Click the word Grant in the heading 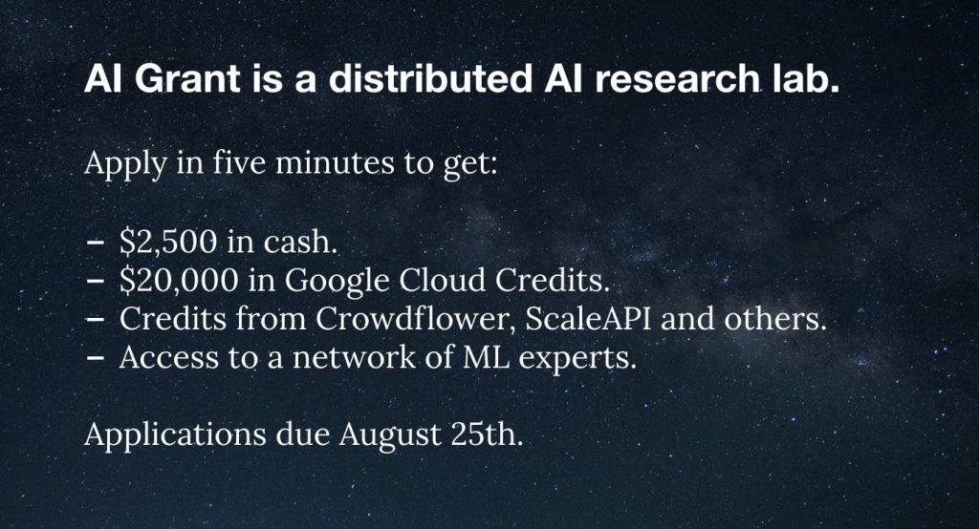[x=186, y=79]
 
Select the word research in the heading [x=678, y=79]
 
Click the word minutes [x=335, y=163]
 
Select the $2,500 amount [x=168, y=242]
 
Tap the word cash [x=300, y=242]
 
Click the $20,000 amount [x=179, y=280]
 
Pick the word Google [x=337, y=282]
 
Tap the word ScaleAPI [x=588, y=319]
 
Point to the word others [x=774, y=319]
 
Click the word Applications [x=175, y=435]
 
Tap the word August [x=390, y=435]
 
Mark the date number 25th [x=486, y=434]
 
